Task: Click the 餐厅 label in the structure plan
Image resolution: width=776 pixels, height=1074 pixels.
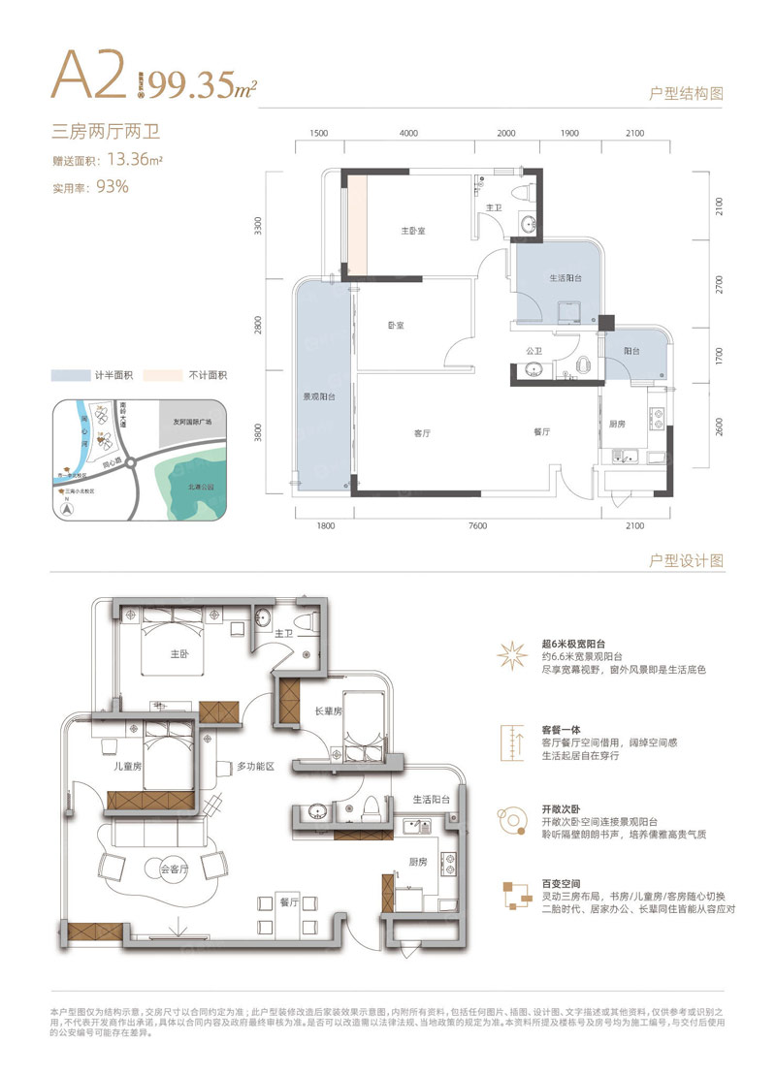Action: (x=542, y=432)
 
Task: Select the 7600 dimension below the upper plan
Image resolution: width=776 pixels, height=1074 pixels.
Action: (x=476, y=525)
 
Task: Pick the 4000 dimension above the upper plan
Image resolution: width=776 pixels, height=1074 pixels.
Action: (x=407, y=133)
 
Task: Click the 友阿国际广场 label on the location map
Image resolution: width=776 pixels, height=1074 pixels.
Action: (x=194, y=423)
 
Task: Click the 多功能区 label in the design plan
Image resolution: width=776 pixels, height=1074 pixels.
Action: (x=256, y=766)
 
